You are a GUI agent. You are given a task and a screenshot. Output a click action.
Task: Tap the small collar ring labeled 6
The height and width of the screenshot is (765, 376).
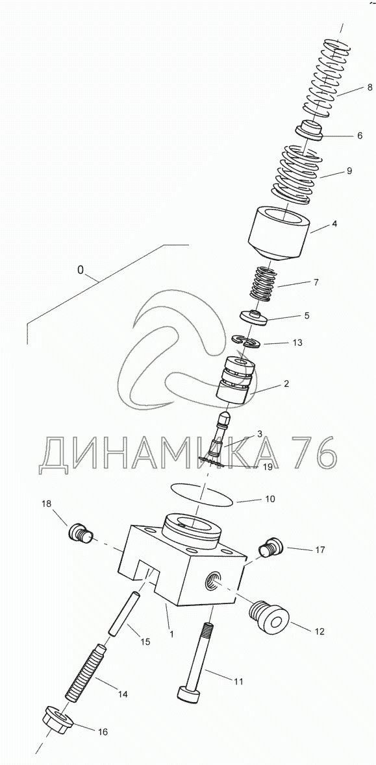[x=309, y=131]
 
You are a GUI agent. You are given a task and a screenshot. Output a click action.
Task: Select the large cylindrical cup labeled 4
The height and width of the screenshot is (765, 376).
[x=279, y=234]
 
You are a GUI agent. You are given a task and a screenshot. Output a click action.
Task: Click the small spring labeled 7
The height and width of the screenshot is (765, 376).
[x=264, y=282]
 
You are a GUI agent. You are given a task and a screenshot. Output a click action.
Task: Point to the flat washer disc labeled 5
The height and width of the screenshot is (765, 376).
[x=257, y=317]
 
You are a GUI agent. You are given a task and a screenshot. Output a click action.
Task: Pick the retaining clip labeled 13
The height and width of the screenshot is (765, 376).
[x=246, y=341]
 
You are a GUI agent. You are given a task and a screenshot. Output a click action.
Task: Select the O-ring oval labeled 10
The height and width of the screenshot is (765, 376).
[x=201, y=492]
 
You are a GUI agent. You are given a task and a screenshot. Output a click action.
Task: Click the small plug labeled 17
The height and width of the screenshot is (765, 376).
[x=270, y=548]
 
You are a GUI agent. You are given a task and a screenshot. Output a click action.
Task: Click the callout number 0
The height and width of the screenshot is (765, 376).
[x=81, y=269]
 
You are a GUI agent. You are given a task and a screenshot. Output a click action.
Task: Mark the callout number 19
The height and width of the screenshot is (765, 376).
[x=266, y=467]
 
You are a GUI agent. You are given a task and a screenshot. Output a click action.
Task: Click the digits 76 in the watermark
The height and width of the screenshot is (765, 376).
[x=314, y=454]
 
